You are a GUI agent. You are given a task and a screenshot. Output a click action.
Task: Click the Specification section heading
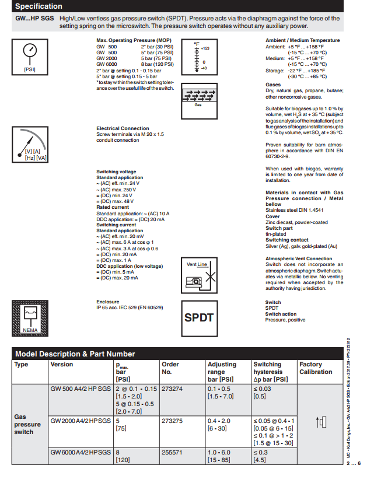pos(39,6)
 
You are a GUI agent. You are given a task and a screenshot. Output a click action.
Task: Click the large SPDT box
pos(199,317)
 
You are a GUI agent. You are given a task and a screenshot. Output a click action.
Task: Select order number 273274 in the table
pos(172,389)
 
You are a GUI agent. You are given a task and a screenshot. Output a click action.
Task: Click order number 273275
pos(172,420)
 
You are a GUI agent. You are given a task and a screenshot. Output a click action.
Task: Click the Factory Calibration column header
pos(315,368)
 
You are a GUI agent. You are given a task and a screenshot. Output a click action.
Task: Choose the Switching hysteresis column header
pos(268,372)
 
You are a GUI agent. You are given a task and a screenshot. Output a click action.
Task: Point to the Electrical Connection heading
pos(123,128)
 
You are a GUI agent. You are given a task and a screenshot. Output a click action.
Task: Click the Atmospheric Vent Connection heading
pos(299,258)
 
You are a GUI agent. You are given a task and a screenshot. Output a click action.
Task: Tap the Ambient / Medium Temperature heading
pos(303,40)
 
